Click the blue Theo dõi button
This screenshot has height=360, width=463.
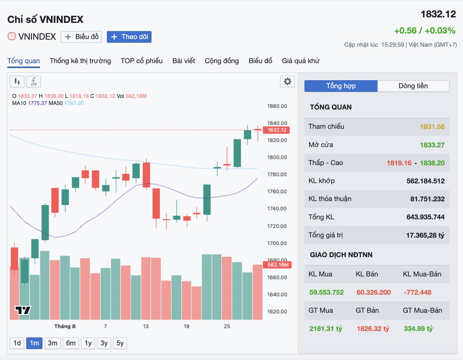tap(129, 37)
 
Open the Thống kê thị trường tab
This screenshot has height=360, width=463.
tap(80, 61)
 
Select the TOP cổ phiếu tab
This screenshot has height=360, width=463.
tap(141, 61)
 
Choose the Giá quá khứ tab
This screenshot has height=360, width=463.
tap(301, 61)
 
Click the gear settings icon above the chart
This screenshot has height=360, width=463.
tap(287, 81)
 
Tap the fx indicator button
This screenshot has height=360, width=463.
tap(34, 81)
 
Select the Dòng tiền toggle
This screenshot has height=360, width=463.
tap(413, 86)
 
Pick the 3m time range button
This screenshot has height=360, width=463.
tap(53, 343)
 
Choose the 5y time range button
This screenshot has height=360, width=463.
tap(120, 343)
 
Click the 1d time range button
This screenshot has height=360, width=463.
tap(17, 343)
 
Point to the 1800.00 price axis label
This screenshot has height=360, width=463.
tap(277, 157)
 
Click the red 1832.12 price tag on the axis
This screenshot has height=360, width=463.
tap(276, 130)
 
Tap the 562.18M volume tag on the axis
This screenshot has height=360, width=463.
tap(277, 265)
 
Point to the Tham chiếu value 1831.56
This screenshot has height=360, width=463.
tap(432, 127)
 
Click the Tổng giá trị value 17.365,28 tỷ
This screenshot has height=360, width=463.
tap(425, 235)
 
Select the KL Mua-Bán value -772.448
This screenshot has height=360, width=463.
tap(417, 292)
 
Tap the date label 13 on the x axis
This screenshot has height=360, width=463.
tap(146, 326)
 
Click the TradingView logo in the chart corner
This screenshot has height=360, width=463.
tap(23, 310)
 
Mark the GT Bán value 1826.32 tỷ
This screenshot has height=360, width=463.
tap(373, 329)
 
